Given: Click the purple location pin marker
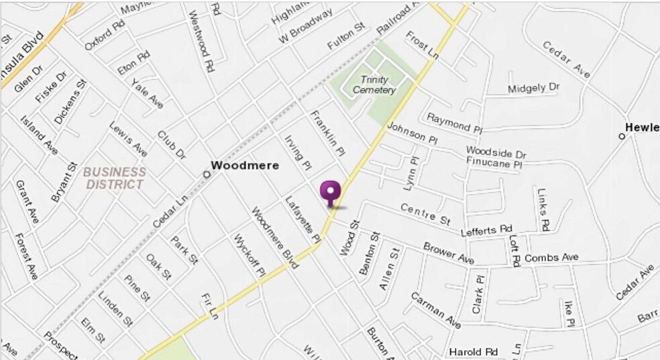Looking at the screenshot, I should [330, 192].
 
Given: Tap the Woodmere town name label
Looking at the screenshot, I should [245, 165].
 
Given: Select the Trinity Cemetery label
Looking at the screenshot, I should [374, 85].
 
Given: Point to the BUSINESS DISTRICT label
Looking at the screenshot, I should [113, 178].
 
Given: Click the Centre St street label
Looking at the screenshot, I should [425, 213].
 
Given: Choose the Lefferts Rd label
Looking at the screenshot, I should [486, 231].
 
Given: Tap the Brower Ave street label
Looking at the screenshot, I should [449, 252].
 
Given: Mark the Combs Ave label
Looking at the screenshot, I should [551, 257].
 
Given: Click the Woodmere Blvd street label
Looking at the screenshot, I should [274, 238].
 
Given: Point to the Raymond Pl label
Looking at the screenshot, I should [455, 122].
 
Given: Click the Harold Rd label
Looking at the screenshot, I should [474, 351].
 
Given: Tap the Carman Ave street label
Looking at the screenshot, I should [435, 310].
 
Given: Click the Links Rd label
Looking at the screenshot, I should [543, 208].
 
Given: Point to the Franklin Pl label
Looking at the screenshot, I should [327, 132].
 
